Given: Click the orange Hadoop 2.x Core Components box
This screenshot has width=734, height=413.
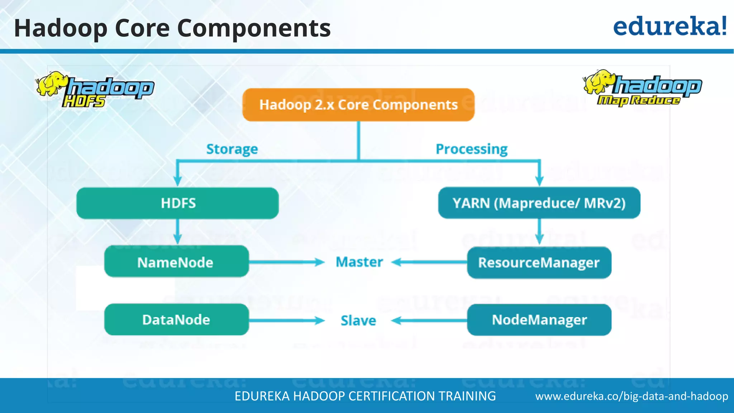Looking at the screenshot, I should click(358, 105).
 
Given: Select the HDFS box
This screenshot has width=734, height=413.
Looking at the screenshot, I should click(178, 203).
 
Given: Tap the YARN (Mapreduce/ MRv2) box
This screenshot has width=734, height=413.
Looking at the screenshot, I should click(539, 203).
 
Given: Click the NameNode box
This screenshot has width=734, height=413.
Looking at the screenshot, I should click(176, 262).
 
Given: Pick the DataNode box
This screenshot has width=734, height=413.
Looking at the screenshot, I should click(176, 319).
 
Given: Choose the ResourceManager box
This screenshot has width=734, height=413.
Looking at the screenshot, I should click(539, 262).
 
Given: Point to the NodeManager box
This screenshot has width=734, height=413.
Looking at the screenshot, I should click(539, 319).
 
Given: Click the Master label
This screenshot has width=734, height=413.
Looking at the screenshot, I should click(359, 262).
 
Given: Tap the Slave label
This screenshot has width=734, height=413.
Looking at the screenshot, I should click(358, 321).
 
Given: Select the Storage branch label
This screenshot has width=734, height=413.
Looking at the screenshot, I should click(232, 149).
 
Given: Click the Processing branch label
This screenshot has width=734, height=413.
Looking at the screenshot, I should click(472, 149).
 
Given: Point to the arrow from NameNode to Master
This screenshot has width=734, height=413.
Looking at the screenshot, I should click(287, 262).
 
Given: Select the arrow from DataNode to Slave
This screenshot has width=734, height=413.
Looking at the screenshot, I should click(287, 320).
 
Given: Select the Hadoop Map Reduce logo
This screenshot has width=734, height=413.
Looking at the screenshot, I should click(642, 88).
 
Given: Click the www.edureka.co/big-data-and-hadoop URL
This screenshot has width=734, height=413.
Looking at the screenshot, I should click(631, 396).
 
